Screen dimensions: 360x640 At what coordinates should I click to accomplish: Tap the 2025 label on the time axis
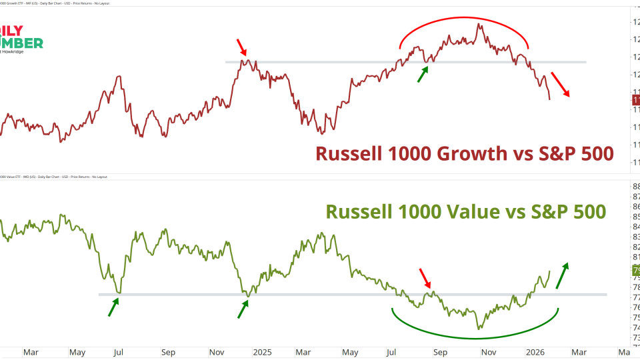click(262, 351)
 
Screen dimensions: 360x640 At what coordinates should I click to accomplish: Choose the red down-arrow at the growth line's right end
click(560, 85)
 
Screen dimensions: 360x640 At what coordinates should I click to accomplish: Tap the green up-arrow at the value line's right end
click(562, 274)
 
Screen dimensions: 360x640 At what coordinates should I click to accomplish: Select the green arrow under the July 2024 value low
click(114, 307)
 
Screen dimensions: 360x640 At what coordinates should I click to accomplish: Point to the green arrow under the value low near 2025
click(243, 309)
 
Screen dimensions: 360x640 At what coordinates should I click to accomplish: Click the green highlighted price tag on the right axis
click(635, 270)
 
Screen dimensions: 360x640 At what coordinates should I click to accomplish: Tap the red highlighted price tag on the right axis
click(635, 100)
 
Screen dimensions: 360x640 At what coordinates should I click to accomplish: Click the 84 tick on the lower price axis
click(635, 227)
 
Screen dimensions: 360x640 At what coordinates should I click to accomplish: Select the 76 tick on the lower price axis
click(635, 307)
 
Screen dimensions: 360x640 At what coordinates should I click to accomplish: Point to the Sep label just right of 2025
click(441, 351)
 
